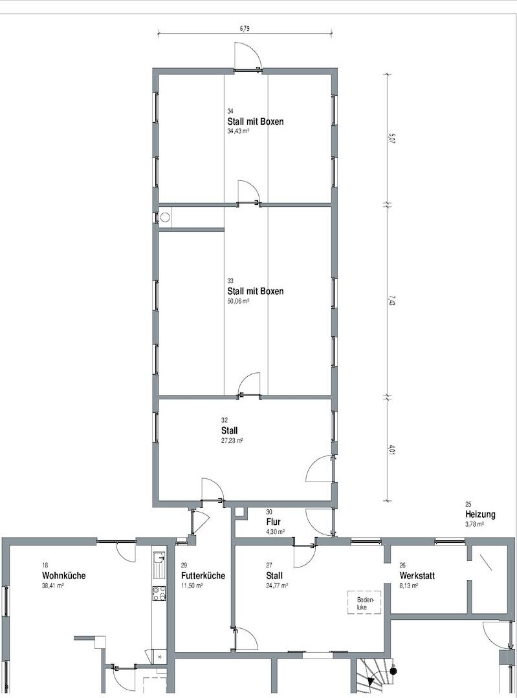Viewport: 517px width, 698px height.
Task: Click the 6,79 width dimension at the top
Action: tap(245, 28)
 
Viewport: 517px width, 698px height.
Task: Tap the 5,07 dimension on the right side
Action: tap(391, 138)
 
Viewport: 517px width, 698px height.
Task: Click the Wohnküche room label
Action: tap(63, 575)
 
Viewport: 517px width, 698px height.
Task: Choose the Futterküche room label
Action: tap(203, 575)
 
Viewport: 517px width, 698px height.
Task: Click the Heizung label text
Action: tap(480, 514)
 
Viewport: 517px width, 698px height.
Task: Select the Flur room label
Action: tap(273, 521)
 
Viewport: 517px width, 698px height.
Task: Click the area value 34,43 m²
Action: tap(238, 131)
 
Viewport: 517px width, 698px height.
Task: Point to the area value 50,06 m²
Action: tap(238, 301)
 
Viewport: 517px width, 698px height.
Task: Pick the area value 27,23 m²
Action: tap(232, 440)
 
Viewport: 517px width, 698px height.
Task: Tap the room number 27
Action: tap(269, 565)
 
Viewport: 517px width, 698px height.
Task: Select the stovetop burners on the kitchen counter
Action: tap(159, 593)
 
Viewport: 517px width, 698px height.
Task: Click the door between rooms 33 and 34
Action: tap(248, 194)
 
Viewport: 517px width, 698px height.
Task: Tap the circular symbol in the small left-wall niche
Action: tap(165, 218)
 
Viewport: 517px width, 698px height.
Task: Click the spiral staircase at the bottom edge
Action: tap(373, 679)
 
